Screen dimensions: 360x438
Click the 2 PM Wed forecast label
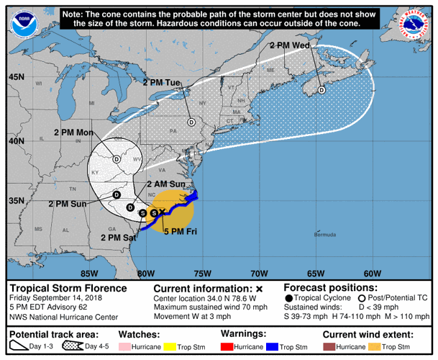coord(290,45)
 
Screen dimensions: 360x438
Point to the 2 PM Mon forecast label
coord(73,132)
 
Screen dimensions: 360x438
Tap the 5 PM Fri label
coord(181,232)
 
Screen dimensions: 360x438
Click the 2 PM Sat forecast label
coord(119,238)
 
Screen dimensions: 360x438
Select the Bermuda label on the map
coord(325,235)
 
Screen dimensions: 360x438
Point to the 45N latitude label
coord(15,77)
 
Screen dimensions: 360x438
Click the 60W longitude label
coord(372,274)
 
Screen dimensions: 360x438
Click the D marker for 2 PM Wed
coord(321,90)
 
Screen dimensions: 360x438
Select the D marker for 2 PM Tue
coord(191,122)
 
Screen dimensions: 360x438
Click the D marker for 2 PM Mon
coord(117,159)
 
